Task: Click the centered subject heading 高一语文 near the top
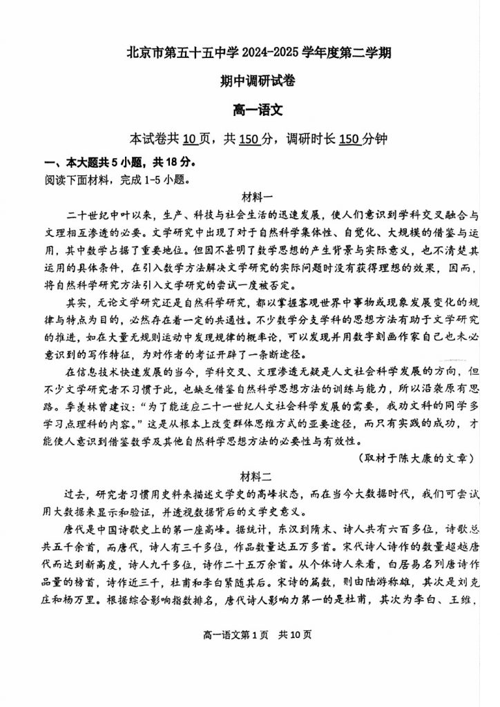250,109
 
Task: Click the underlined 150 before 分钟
350,138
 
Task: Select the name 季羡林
88,406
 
